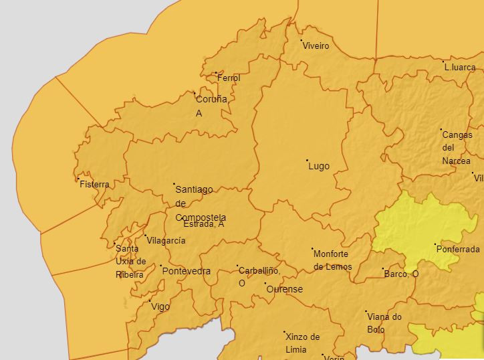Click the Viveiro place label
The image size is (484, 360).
[x=316, y=46]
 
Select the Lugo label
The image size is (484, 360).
[x=319, y=166]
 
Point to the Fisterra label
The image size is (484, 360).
[x=94, y=185]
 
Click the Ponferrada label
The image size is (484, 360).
[x=458, y=250]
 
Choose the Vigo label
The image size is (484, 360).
[x=160, y=307]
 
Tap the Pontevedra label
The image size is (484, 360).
[x=187, y=272]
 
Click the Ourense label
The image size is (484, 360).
[x=285, y=290]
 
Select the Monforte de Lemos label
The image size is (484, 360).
[x=333, y=260]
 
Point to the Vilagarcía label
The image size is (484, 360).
[x=166, y=240]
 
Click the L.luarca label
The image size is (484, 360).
[x=460, y=68]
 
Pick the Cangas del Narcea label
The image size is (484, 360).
[x=457, y=148]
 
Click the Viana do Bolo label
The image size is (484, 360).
[x=384, y=323]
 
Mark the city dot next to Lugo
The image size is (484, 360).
[x=307, y=160]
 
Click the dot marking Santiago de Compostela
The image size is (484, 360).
[x=174, y=183]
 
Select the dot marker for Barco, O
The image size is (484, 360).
[x=383, y=268]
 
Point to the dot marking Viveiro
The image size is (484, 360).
[x=301, y=41]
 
